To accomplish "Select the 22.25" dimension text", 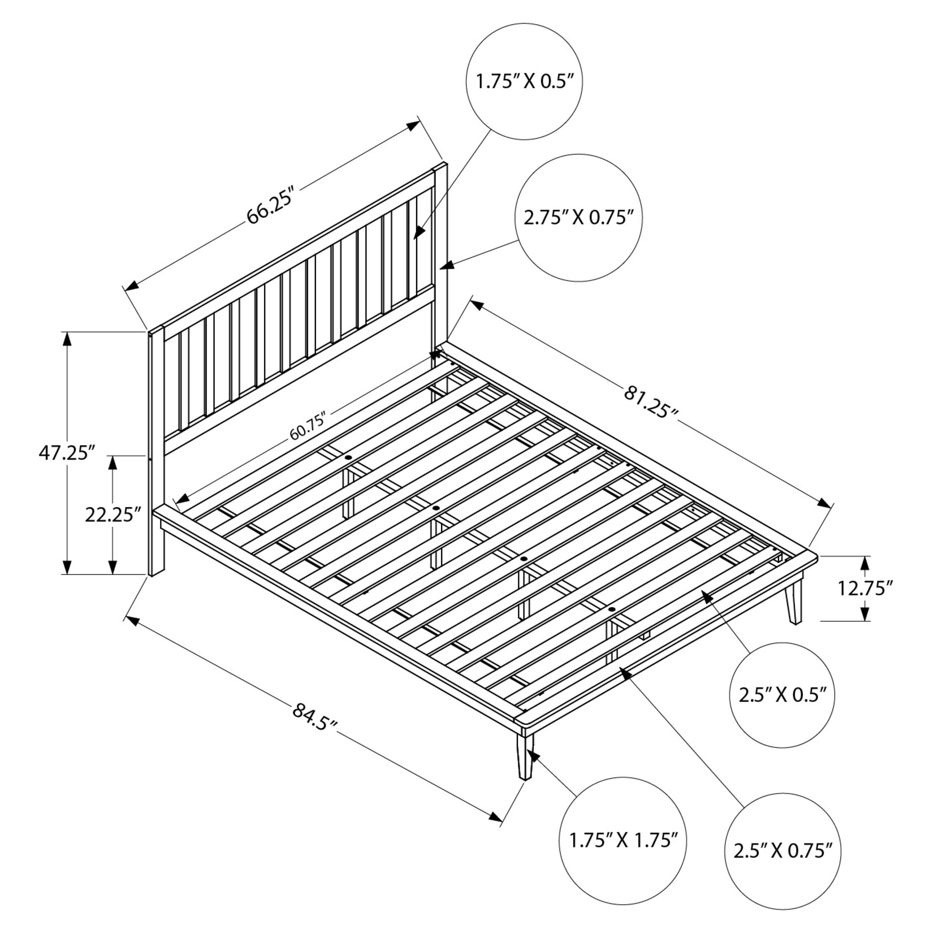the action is click(113, 514).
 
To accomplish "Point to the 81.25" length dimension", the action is click(650, 401).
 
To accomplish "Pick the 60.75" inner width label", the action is click(309, 427).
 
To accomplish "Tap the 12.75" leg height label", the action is click(865, 589).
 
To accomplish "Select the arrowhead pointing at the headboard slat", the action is click(419, 231).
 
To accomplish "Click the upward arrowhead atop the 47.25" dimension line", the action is click(67, 339).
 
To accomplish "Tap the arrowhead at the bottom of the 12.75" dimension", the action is click(864, 613).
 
